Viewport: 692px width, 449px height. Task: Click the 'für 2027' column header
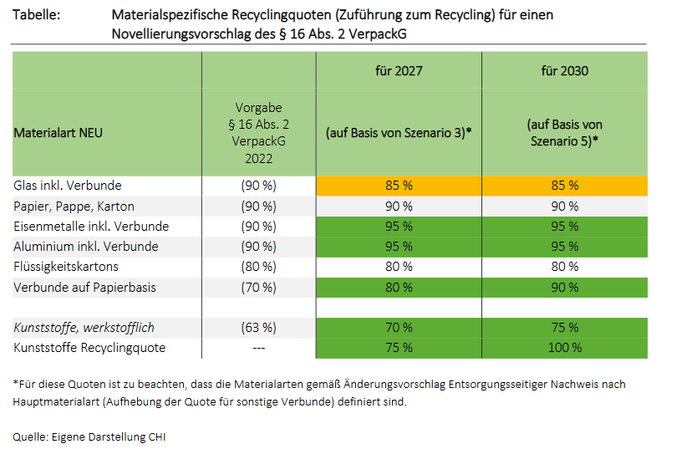(x=399, y=71)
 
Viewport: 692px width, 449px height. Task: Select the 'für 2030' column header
(x=564, y=71)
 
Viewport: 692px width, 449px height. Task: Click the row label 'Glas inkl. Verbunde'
(x=68, y=186)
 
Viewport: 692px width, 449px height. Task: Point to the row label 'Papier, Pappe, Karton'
(x=74, y=206)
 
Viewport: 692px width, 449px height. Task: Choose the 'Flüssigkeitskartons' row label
(x=66, y=267)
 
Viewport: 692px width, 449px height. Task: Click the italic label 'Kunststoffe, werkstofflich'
(x=84, y=327)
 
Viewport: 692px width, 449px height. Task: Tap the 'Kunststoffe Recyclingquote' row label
(x=89, y=348)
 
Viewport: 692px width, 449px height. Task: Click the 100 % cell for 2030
(x=564, y=348)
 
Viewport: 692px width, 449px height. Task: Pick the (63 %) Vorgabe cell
(x=258, y=327)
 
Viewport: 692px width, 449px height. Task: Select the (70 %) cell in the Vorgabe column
(x=258, y=287)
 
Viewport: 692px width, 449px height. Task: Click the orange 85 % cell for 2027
(x=399, y=186)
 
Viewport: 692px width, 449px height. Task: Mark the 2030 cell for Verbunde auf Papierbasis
(x=564, y=287)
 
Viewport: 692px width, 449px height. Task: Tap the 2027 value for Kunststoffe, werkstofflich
(x=399, y=327)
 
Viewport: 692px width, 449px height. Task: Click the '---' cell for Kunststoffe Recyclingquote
(x=258, y=348)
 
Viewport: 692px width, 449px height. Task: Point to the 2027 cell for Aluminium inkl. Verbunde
(x=399, y=247)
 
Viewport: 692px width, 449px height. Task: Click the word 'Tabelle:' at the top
(x=37, y=15)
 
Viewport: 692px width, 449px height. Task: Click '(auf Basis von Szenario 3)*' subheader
(x=399, y=133)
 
